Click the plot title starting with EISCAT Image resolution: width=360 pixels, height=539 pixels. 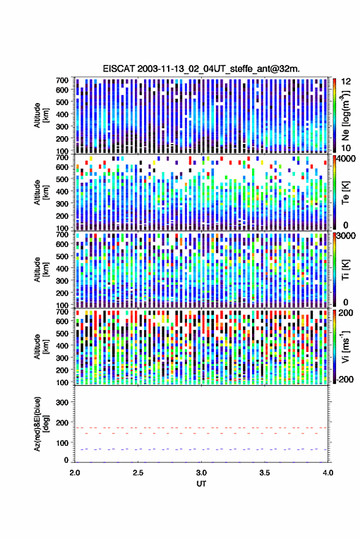coord(201,69)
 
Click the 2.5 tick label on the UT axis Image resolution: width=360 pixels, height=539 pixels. coord(138,473)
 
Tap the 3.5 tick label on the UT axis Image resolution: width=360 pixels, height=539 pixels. coord(264,473)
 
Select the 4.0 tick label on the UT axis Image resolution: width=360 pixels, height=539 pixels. coord(327,473)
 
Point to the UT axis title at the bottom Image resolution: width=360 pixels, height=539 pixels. coord(201,484)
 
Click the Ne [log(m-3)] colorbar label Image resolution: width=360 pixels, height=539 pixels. coord(345,115)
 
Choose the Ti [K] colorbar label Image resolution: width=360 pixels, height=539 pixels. coord(345,270)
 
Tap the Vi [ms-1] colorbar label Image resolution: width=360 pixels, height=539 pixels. coord(345,347)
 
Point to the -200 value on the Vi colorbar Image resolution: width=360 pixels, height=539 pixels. coord(344,380)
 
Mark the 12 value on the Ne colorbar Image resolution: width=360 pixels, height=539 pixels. coord(346,82)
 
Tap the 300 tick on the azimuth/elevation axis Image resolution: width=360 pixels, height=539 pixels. coord(62,402)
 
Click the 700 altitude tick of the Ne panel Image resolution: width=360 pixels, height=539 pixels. coord(62,80)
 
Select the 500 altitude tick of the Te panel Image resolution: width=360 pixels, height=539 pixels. coord(62,179)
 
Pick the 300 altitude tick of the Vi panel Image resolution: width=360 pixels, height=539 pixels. coord(62,358)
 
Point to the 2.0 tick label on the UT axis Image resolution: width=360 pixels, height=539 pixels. coord(75,473)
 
